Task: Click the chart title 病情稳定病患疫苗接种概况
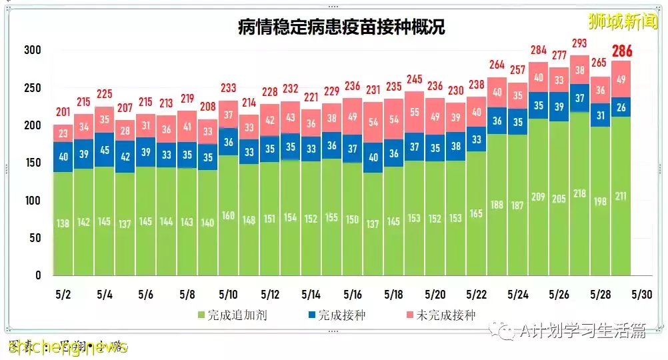pyautogui.click(x=341, y=27)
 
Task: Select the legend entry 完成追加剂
pyautogui.click(x=233, y=315)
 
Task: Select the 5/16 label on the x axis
pyautogui.click(x=353, y=294)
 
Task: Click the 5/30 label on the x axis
pyautogui.click(x=641, y=294)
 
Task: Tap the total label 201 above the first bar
pyautogui.click(x=63, y=112)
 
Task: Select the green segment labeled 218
pyautogui.click(x=580, y=193)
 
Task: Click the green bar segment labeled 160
pyautogui.click(x=229, y=215)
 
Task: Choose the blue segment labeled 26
pyautogui.click(x=621, y=107)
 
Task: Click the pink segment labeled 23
pyautogui.click(x=63, y=133)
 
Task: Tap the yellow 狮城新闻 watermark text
pyautogui.click(x=623, y=21)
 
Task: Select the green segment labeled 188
pyautogui.click(x=497, y=204)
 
